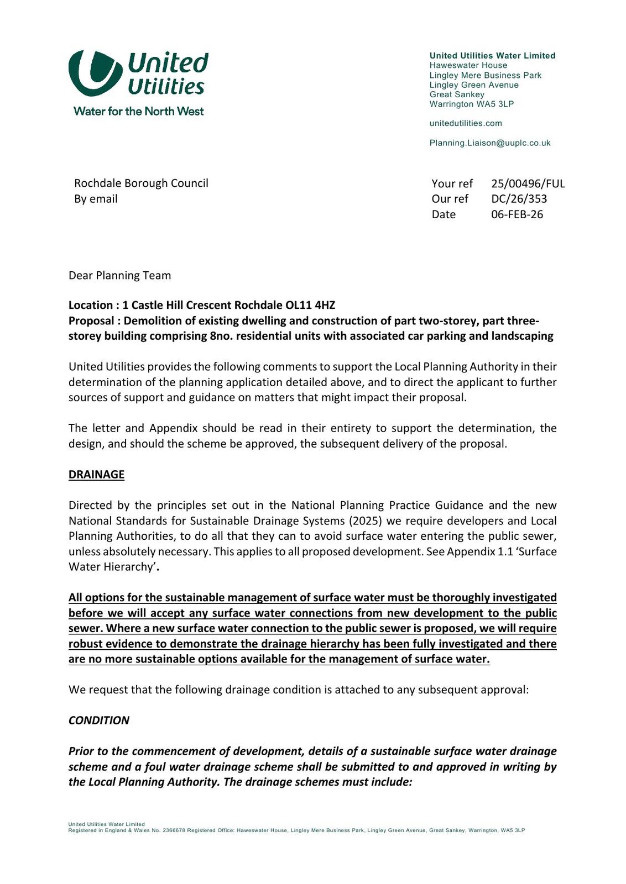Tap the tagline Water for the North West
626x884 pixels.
(x=138, y=111)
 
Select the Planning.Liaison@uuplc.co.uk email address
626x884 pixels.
(x=490, y=143)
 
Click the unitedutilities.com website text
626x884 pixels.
(x=466, y=123)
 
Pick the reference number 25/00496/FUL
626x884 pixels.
(x=528, y=183)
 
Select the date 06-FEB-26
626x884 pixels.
(x=517, y=214)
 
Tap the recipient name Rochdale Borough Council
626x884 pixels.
(x=141, y=183)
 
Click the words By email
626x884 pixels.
(x=96, y=198)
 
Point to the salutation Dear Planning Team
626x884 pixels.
(x=119, y=275)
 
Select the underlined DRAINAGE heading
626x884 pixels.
(x=96, y=475)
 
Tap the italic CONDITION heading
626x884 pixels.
(x=99, y=720)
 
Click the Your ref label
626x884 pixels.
(x=452, y=183)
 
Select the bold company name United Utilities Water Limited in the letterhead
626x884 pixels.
(x=492, y=56)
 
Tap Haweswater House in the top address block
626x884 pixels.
(x=468, y=65)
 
